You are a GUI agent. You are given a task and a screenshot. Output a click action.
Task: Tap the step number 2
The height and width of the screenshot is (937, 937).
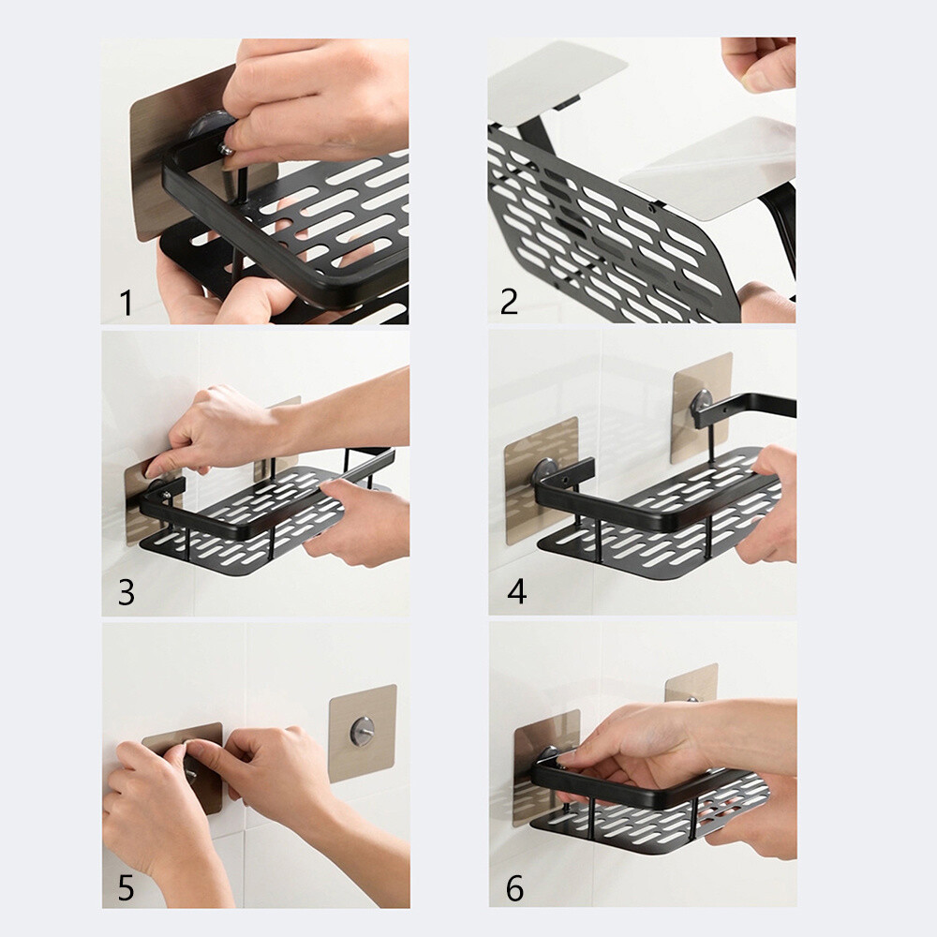coord(509,303)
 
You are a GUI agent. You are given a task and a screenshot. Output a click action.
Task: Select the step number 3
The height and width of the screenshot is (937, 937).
coord(126,592)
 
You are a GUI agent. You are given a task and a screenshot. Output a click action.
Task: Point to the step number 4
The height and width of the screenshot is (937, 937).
coord(515,592)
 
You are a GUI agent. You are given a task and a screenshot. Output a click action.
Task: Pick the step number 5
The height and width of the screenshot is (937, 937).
coord(126,886)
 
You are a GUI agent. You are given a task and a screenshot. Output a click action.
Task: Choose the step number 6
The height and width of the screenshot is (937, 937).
coord(515,886)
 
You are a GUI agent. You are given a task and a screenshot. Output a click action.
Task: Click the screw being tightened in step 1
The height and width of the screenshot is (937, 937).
coord(228,149)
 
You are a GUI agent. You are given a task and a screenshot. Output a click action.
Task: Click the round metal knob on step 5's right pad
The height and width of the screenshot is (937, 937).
coord(362,728)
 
